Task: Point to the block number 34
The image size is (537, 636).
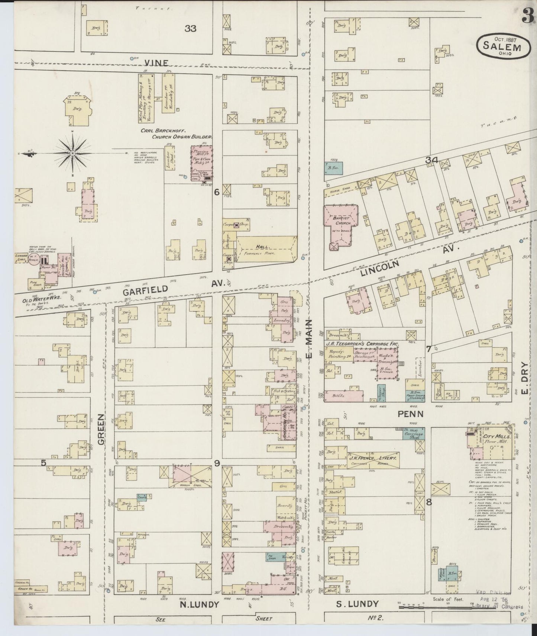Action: pyautogui.click(x=432, y=160)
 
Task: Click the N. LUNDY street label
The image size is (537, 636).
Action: pyautogui.click(x=199, y=604)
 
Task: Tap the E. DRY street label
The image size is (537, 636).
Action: pyautogui.click(x=524, y=383)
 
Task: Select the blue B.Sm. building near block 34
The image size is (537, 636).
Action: pyautogui.click(x=334, y=167)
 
